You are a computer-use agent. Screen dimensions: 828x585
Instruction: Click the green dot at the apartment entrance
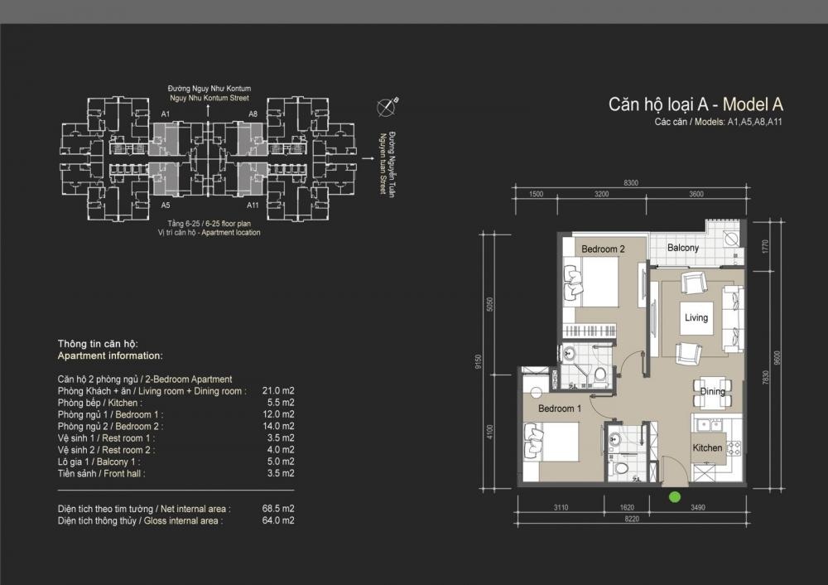pos(674,496)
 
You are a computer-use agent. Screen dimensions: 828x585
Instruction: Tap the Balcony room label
pos(683,247)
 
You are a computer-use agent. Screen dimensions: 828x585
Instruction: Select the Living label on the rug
pos(696,317)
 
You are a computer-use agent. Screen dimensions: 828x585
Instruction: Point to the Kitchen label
pos(707,447)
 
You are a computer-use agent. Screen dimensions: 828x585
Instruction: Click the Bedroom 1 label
pos(559,409)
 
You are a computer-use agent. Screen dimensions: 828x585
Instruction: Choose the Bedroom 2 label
pos(603,249)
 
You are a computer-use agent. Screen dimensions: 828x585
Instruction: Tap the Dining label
pos(712,392)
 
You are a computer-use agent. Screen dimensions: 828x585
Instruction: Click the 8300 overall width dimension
pos(631,183)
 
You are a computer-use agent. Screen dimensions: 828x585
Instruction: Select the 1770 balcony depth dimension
pos(766,247)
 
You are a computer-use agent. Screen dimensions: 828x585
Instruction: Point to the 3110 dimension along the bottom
pos(561,507)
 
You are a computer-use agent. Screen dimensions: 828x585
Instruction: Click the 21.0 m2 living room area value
pos(278,390)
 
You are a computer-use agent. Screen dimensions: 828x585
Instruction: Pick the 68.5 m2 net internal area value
pos(278,509)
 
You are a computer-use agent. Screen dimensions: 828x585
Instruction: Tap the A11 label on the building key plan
pos(253,205)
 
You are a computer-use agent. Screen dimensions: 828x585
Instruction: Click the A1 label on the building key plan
pos(166,114)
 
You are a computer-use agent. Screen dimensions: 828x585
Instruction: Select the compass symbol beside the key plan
pos(387,107)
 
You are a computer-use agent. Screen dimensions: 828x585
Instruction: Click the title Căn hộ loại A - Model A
pos(696,104)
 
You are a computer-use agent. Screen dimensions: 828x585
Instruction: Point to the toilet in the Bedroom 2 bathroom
pos(599,375)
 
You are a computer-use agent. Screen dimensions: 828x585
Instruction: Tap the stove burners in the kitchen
pos(734,448)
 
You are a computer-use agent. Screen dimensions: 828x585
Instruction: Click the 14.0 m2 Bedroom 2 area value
pos(278,426)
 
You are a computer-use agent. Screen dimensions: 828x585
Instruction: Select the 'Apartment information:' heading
pos(110,355)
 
